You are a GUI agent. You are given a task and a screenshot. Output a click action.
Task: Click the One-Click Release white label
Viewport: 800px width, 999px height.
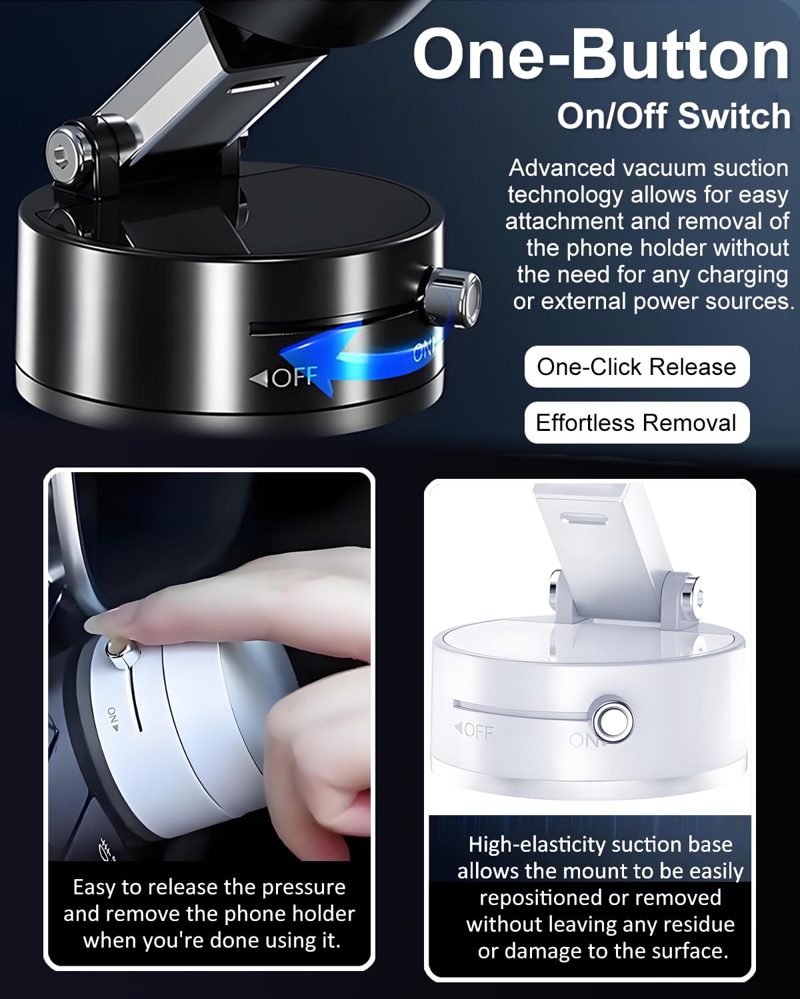(x=637, y=367)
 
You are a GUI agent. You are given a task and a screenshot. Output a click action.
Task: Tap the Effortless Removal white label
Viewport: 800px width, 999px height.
(x=637, y=422)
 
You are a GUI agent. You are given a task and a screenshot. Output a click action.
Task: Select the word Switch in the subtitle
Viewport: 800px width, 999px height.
(x=734, y=116)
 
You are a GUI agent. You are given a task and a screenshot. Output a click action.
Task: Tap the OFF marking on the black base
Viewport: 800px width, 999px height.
(x=285, y=377)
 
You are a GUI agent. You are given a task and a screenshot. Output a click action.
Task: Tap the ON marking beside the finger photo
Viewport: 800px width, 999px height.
(x=113, y=719)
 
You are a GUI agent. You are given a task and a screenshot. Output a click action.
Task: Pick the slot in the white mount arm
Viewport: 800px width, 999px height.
(x=584, y=519)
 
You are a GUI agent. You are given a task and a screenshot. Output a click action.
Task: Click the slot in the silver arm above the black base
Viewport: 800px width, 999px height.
(x=253, y=87)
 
